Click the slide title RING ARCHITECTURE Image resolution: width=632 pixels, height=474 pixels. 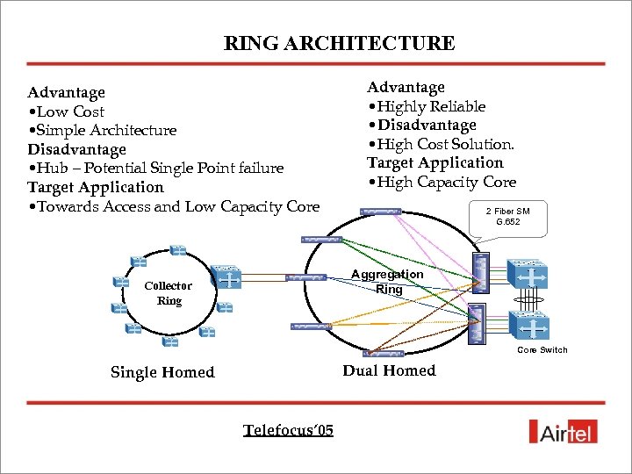coord(339,43)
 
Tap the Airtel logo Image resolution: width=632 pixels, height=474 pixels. coord(564,431)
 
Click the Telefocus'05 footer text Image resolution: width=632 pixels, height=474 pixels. coord(288,430)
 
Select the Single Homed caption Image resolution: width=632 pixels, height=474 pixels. coord(162,372)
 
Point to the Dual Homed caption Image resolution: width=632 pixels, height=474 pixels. coord(389,370)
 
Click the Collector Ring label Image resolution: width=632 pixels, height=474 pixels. coord(169,293)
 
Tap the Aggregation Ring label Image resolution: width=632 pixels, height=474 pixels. coord(387,281)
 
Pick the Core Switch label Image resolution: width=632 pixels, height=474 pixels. coord(542,350)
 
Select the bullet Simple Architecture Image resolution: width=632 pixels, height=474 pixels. coord(102,130)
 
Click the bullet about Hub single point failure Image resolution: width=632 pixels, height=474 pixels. coord(155,168)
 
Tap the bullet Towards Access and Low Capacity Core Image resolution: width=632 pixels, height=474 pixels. coord(174,206)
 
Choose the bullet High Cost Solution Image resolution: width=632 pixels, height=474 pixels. coord(441,144)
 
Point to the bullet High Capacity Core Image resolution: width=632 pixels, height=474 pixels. coord(442,182)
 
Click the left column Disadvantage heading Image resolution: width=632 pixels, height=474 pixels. coord(76,149)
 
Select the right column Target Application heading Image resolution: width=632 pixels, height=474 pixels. coord(434,162)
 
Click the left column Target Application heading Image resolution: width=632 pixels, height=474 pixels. coord(96,187)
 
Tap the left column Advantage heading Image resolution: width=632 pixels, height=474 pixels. coord(66,92)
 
